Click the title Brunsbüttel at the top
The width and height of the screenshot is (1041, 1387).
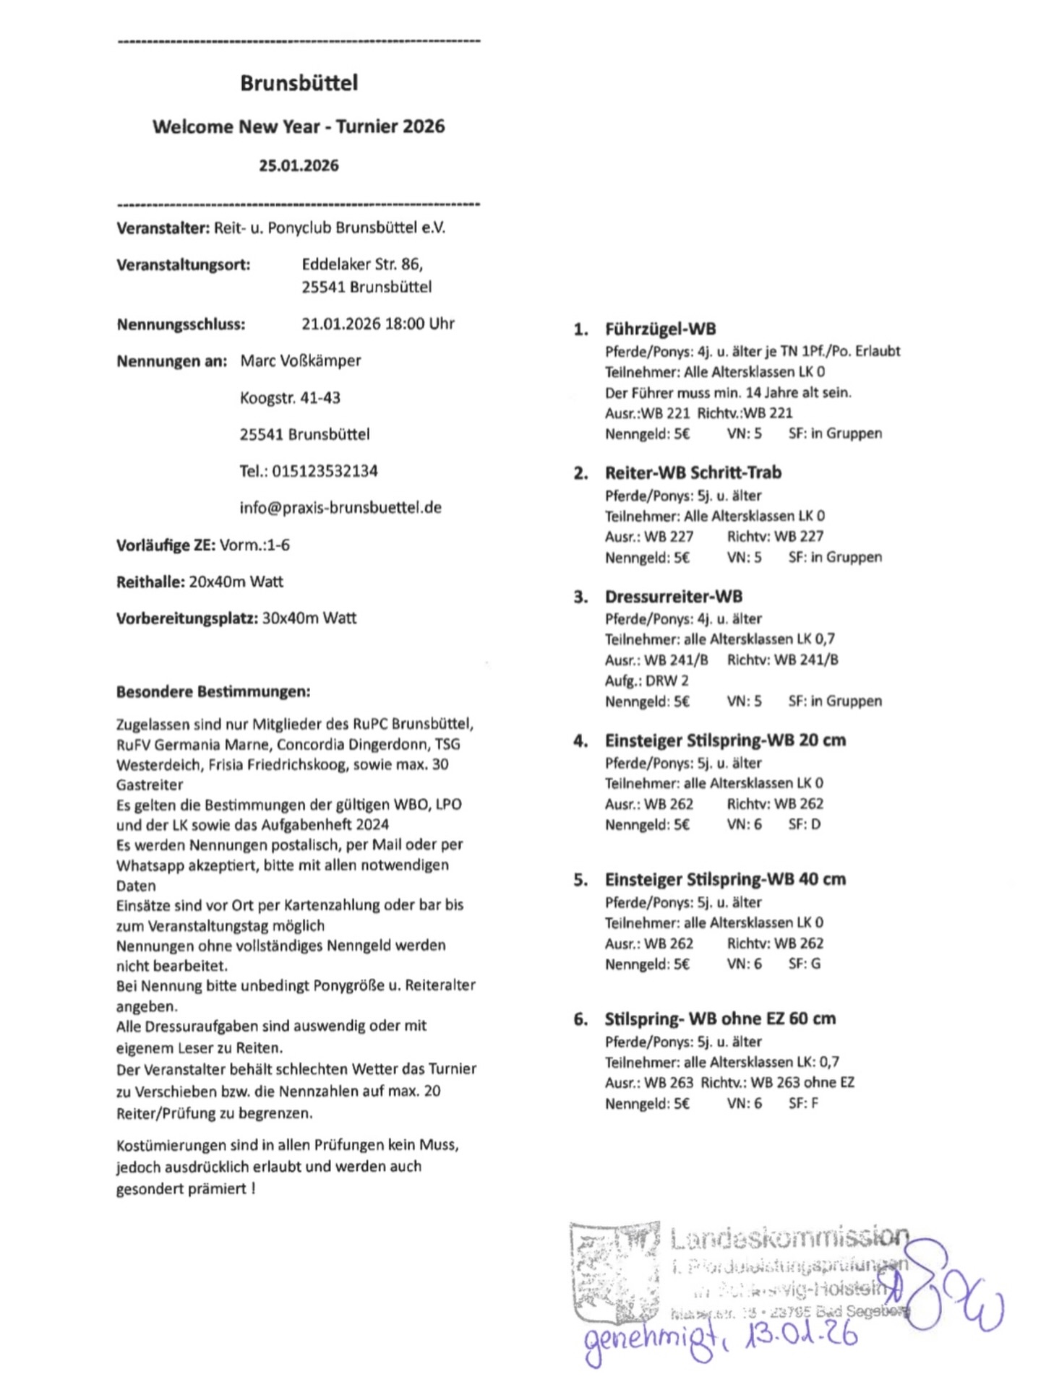tap(299, 83)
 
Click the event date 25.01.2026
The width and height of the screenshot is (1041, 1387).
tap(299, 165)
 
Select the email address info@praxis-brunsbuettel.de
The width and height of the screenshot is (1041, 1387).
tap(340, 507)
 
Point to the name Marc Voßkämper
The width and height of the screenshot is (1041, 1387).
tap(300, 360)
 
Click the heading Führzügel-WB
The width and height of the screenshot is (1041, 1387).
tap(660, 329)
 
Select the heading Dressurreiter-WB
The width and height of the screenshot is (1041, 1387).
tap(673, 597)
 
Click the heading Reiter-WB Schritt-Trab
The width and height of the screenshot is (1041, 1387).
tap(693, 472)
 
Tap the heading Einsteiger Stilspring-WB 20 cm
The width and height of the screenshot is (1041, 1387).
tap(724, 740)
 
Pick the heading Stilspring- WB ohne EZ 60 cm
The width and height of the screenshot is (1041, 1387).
tap(719, 1019)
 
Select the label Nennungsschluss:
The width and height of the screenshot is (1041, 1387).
tap(181, 324)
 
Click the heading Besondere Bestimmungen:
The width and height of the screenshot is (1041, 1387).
tap(213, 691)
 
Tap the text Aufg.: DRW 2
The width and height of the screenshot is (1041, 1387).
tap(646, 680)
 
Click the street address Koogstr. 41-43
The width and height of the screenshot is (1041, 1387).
tap(290, 397)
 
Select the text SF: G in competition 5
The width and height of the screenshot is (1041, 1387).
tap(804, 963)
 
